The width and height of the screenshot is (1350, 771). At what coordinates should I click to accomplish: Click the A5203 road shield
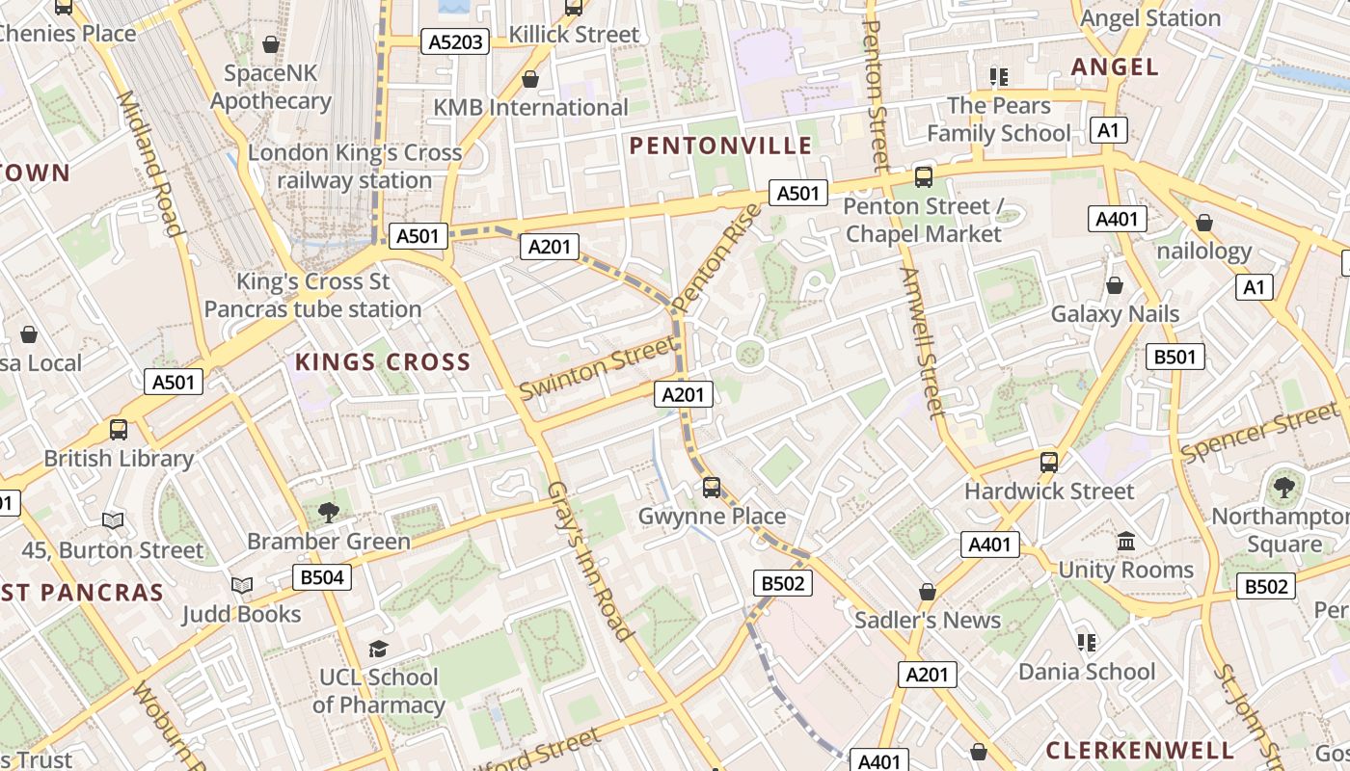coord(455,41)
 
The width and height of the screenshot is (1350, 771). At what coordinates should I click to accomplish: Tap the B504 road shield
coord(322,577)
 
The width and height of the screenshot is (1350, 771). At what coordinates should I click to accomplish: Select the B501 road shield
coord(1175,357)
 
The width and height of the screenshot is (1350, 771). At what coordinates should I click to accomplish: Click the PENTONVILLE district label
coord(720,146)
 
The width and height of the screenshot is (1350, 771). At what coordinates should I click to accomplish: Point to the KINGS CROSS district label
coord(383,362)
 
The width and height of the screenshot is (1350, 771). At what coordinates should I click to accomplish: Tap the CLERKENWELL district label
coord(1140,750)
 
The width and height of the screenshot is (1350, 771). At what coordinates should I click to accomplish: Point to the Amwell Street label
coord(921,341)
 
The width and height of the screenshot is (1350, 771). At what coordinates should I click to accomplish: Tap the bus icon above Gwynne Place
coord(712,488)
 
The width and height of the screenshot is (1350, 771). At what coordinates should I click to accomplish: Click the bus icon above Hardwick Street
coord(1049,463)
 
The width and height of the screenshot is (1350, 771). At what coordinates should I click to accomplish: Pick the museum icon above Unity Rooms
coord(1125,542)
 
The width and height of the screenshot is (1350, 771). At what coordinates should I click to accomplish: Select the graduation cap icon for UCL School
coord(378,650)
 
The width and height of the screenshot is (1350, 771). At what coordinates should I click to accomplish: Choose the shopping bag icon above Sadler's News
coord(928,592)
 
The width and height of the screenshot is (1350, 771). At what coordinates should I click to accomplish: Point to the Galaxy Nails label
coord(1115,313)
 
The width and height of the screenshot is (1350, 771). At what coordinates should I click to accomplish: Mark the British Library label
coord(119,458)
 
